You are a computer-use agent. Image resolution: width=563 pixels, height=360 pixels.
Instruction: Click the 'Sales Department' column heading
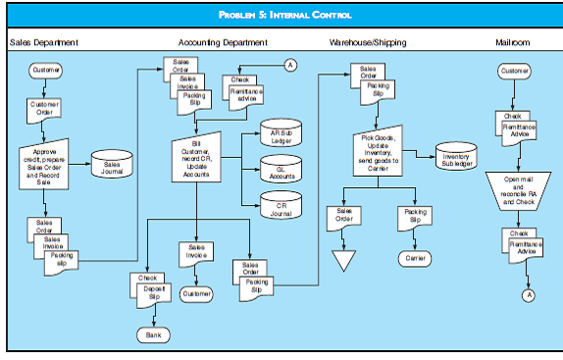coord(44,43)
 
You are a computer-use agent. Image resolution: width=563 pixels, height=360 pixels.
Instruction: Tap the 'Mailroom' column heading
coord(515,43)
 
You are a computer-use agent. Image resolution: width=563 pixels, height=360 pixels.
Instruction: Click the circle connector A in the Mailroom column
coord(528,294)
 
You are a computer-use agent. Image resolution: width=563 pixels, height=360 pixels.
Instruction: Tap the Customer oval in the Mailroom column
coord(514,72)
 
